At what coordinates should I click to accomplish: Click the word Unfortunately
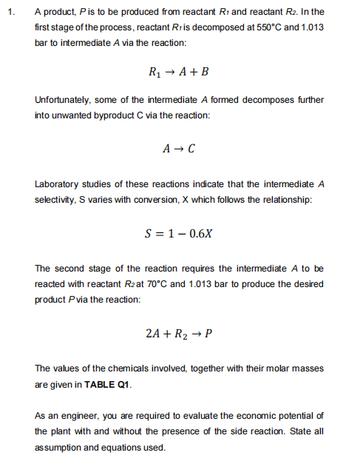click(x=64, y=99)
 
